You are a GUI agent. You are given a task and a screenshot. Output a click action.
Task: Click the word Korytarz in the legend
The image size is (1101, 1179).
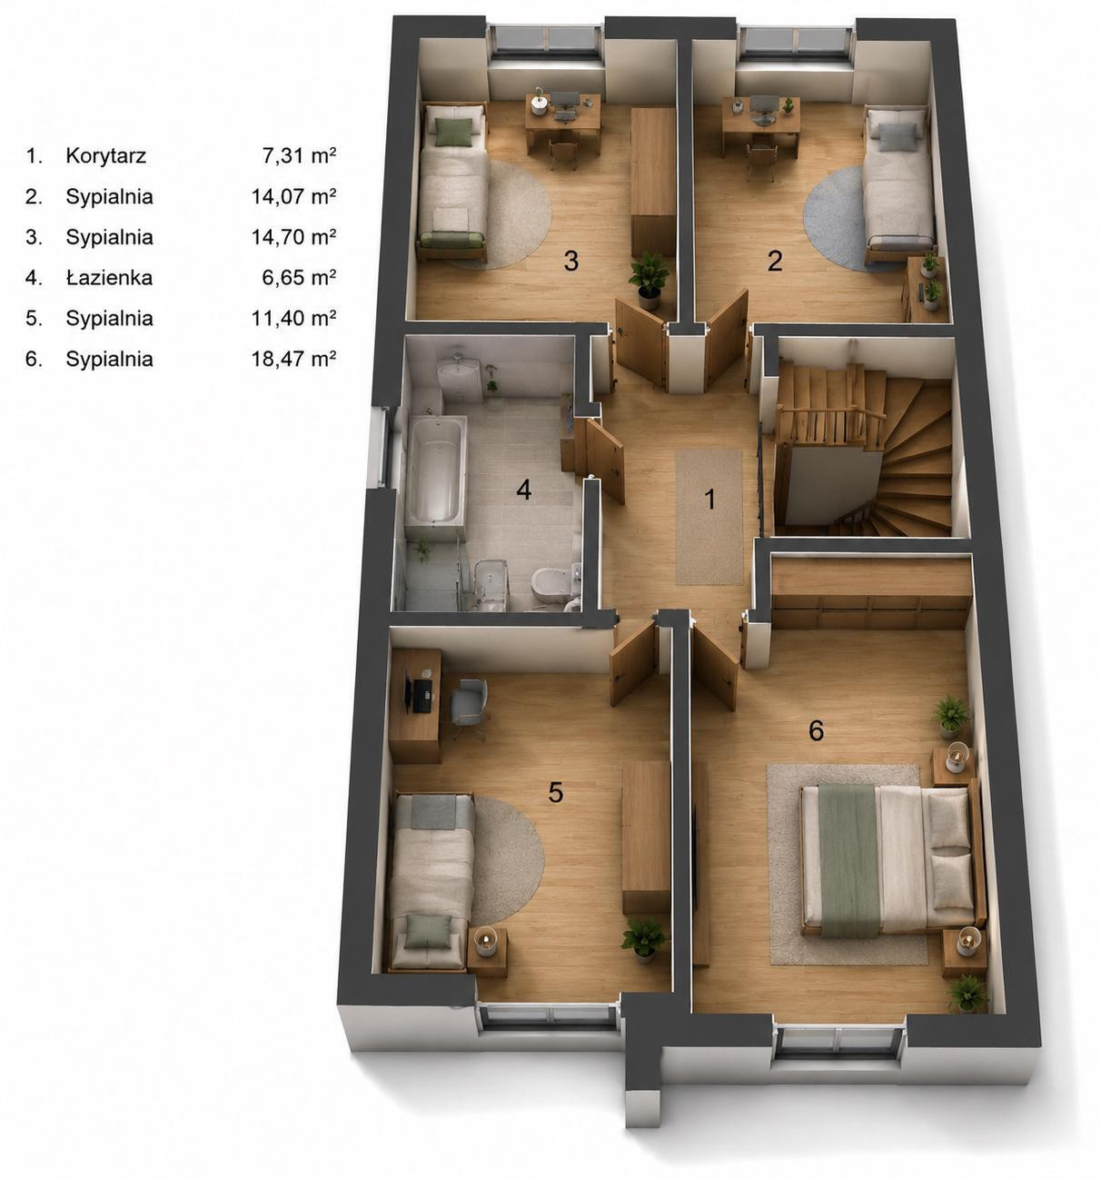coord(105,155)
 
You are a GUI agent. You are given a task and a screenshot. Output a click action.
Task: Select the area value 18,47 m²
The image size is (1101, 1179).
coord(293,359)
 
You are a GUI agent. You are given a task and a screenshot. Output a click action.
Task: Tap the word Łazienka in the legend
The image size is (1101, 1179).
coord(109,277)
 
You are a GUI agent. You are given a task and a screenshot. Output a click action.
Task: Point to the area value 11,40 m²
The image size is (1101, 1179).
coord(293,318)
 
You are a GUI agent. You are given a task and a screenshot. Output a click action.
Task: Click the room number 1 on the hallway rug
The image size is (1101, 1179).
coord(709,500)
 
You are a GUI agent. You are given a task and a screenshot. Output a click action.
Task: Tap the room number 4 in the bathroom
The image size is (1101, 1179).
coord(523,490)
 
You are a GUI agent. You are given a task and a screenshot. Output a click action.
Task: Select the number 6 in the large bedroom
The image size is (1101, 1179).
coord(816,731)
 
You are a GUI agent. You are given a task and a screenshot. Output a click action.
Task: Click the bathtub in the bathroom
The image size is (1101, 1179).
coord(435,471)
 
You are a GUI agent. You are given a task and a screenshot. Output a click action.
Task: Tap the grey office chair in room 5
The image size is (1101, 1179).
coord(470,707)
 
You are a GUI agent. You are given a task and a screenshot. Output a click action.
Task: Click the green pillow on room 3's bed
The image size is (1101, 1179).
coord(453,131)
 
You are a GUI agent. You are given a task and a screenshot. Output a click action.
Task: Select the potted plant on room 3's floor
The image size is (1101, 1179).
coord(649,280)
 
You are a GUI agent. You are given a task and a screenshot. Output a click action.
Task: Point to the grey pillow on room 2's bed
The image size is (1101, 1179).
coord(898,137)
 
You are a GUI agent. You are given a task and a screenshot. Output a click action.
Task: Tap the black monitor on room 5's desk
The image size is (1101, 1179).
coord(408,691)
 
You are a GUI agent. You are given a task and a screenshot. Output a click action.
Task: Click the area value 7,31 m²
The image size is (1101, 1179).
coord(299,155)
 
